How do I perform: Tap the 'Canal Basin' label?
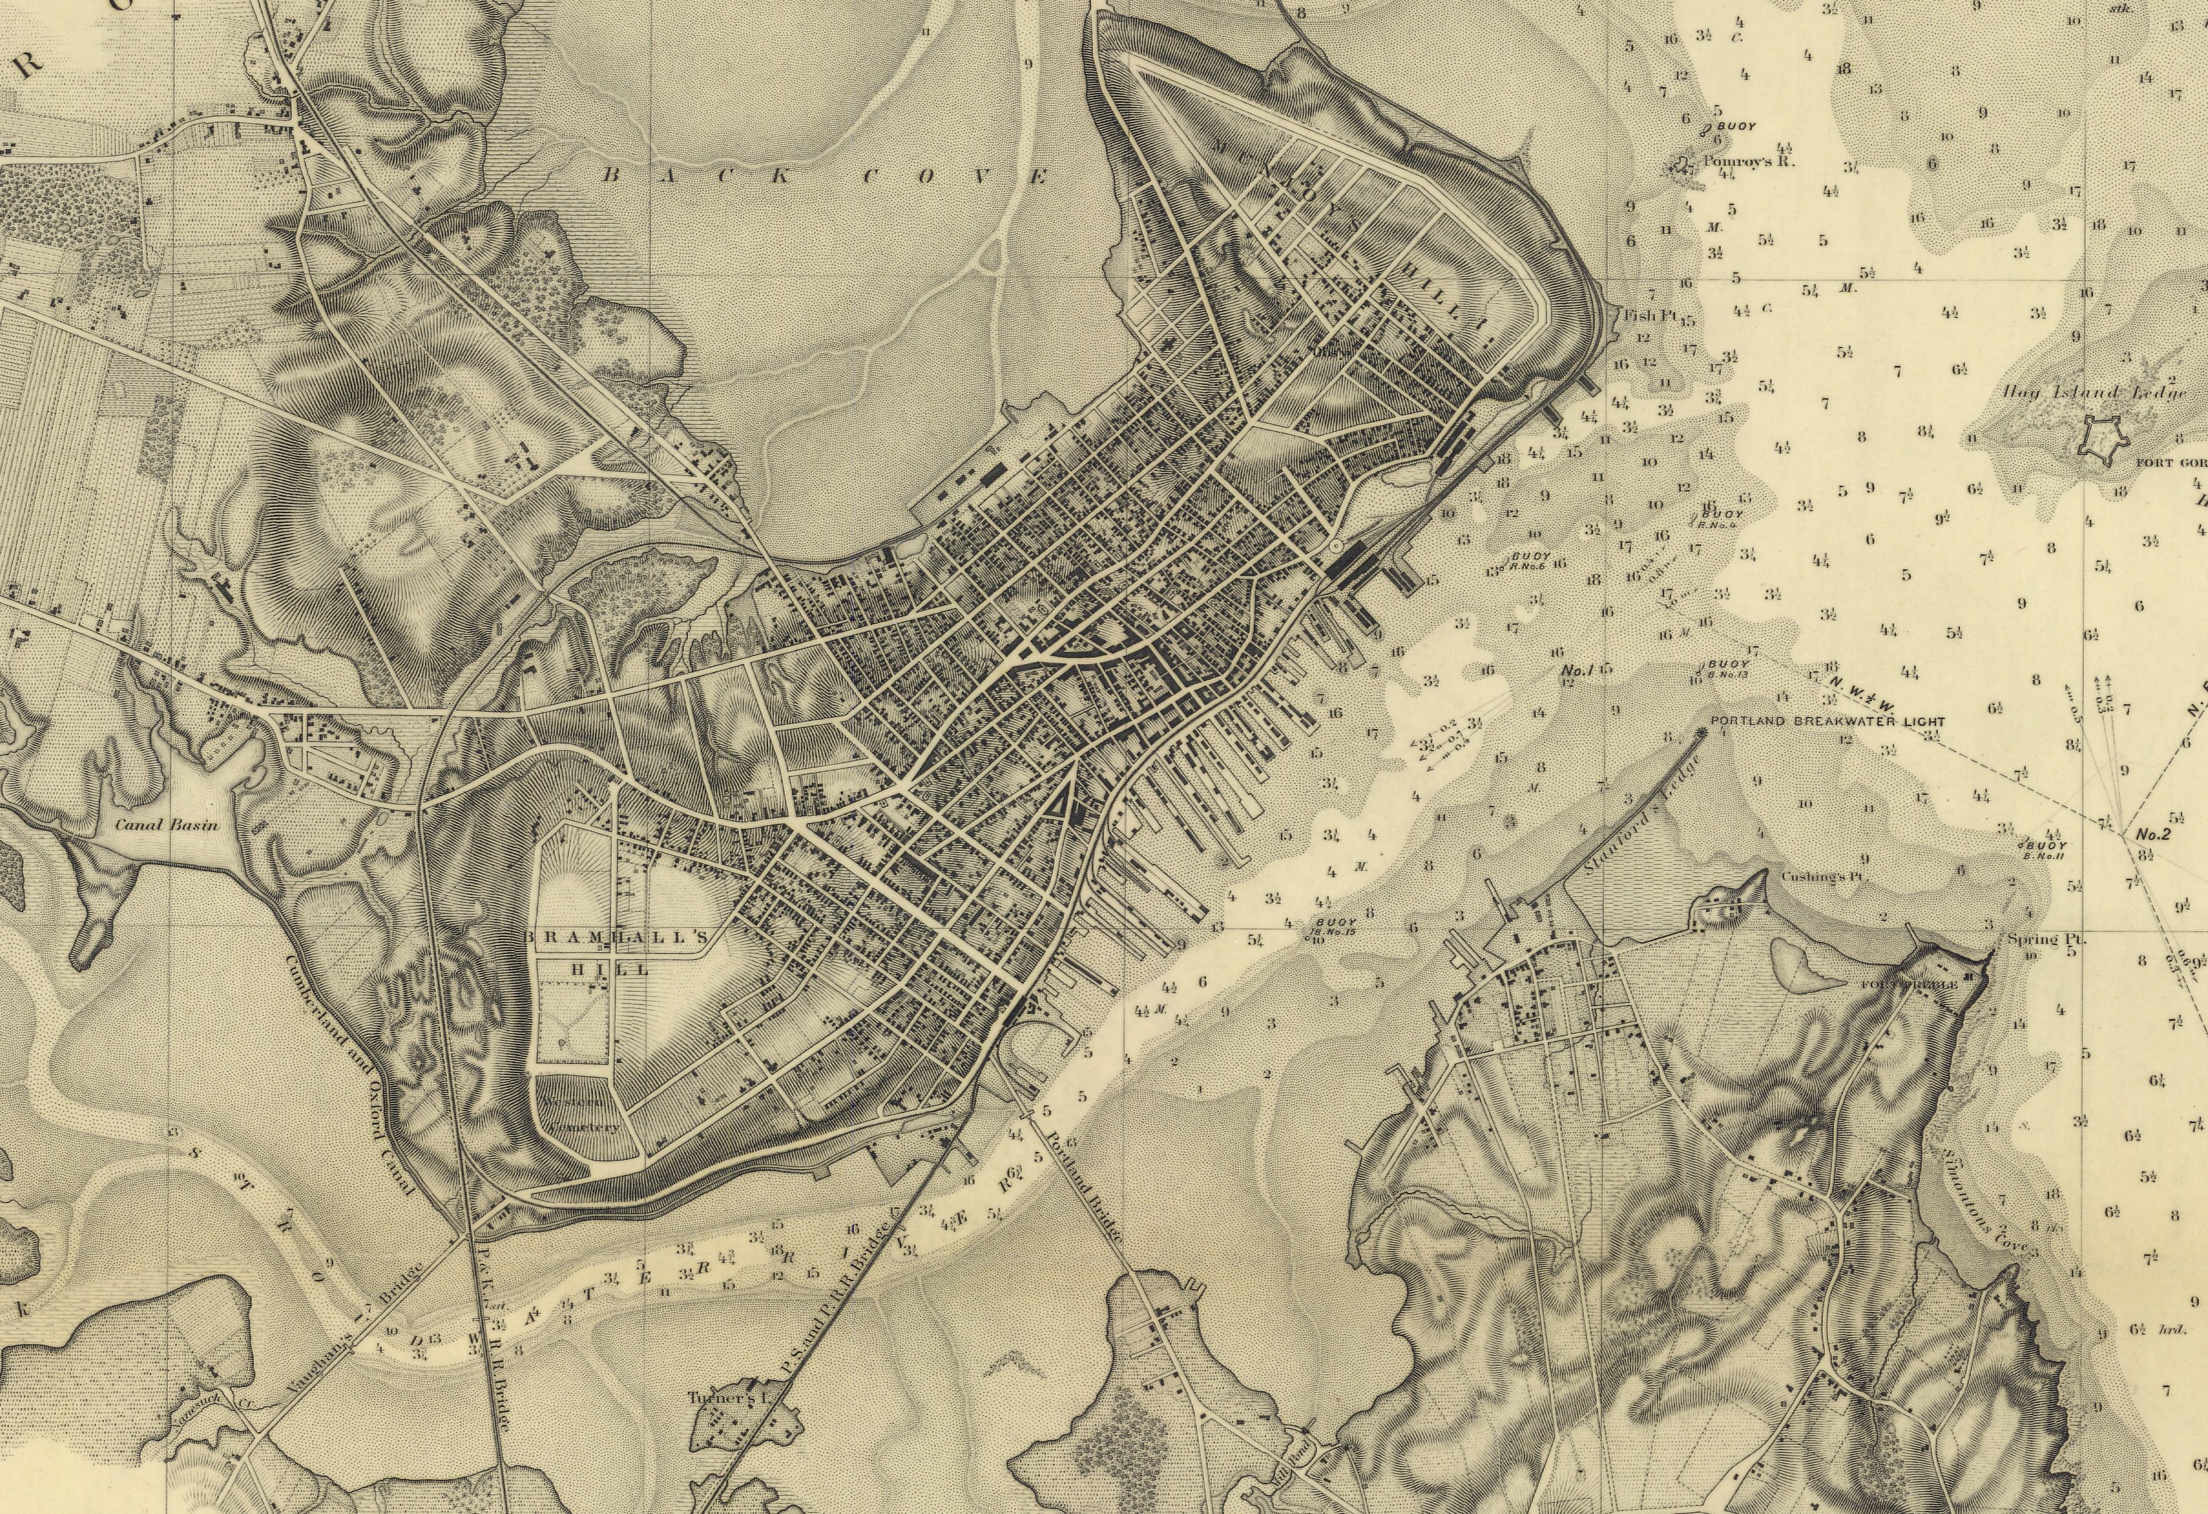[166, 824]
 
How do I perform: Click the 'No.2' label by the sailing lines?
[2152, 835]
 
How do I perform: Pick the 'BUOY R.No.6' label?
[1530, 561]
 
